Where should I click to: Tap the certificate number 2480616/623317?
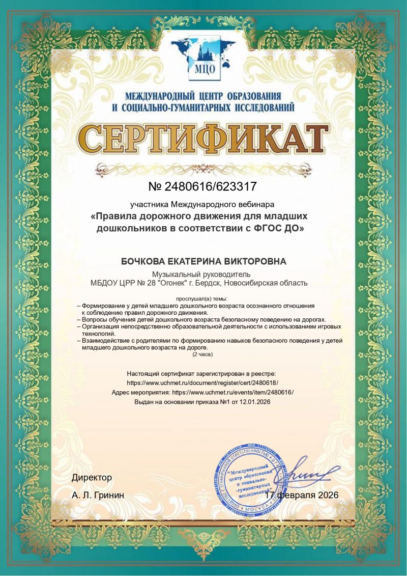pos(210,186)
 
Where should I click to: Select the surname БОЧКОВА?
pos(144,261)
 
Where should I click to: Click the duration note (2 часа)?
pos(202,354)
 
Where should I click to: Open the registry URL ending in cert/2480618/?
pos(202,382)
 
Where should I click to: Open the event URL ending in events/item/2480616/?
pos(233,392)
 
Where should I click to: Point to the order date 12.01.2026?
pos(253,402)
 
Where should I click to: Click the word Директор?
pos(92,478)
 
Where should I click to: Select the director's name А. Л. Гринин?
pos(98,495)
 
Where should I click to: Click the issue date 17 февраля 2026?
pos(303,495)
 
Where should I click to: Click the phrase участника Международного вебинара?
pos(202,205)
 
